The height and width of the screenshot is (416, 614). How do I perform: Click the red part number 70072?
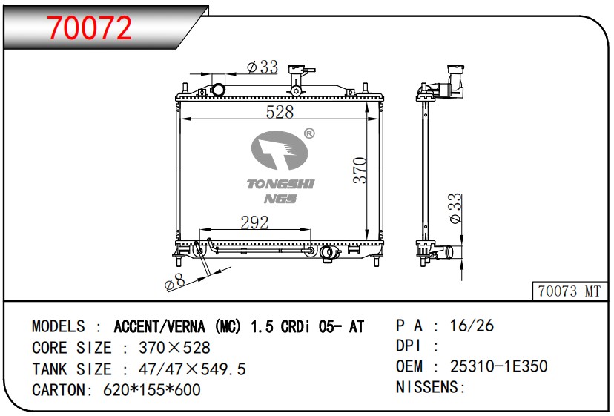tap(89, 28)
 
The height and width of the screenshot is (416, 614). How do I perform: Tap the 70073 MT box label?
tap(569, 291)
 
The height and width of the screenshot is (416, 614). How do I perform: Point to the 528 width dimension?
tap(280, 112)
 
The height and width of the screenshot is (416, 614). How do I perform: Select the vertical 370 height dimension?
tap(360, 171)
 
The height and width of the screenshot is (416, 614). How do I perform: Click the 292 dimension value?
tap(254, 222)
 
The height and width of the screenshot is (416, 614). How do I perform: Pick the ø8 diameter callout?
tap(175, 282)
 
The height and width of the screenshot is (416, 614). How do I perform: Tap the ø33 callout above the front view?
tap(263, 67)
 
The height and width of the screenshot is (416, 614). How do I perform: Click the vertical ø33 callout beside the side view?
tap(455, 208)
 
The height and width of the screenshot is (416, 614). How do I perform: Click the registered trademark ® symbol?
tap(309, 133)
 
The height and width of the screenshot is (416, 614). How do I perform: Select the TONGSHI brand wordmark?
tap(280, 184)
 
